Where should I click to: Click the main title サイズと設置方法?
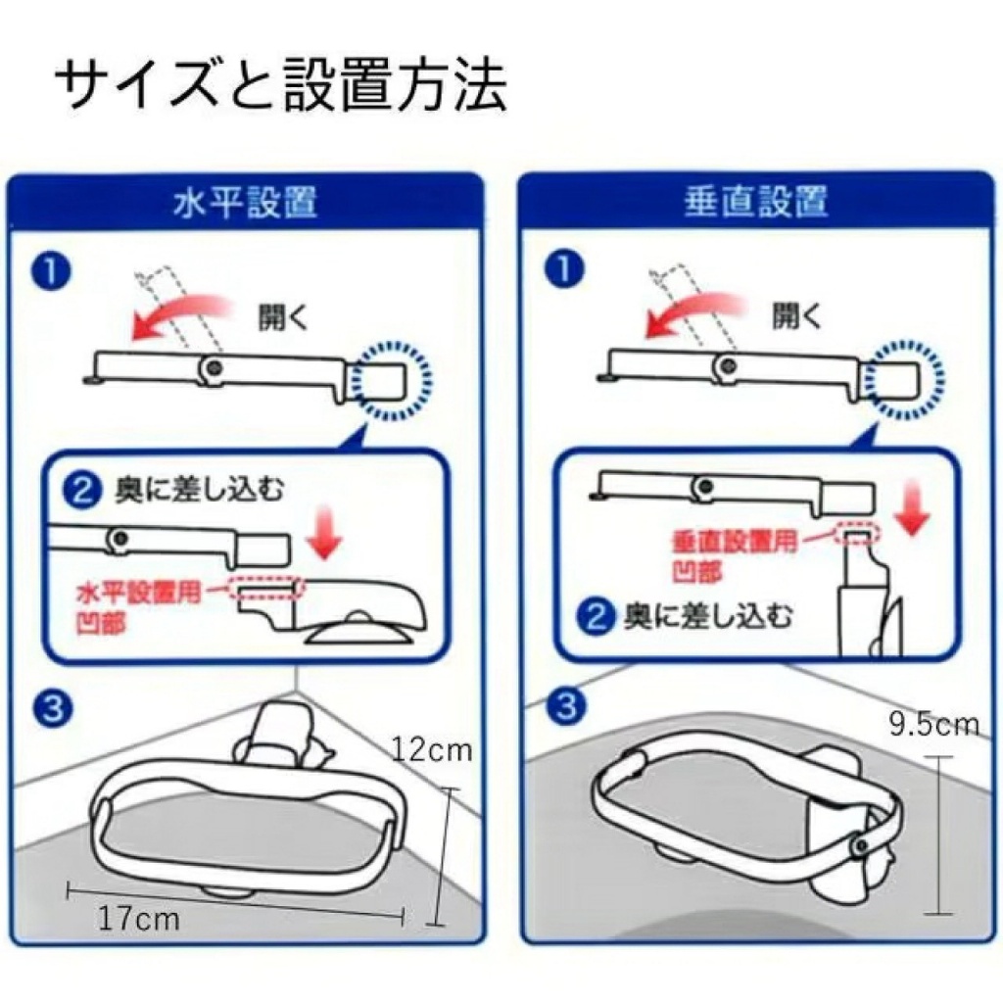[x=280, y=87]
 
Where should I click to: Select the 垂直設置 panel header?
[x=755, y=202]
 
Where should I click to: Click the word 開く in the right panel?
[x=795, y=315]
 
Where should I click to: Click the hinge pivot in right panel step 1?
[x=727, y=367]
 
